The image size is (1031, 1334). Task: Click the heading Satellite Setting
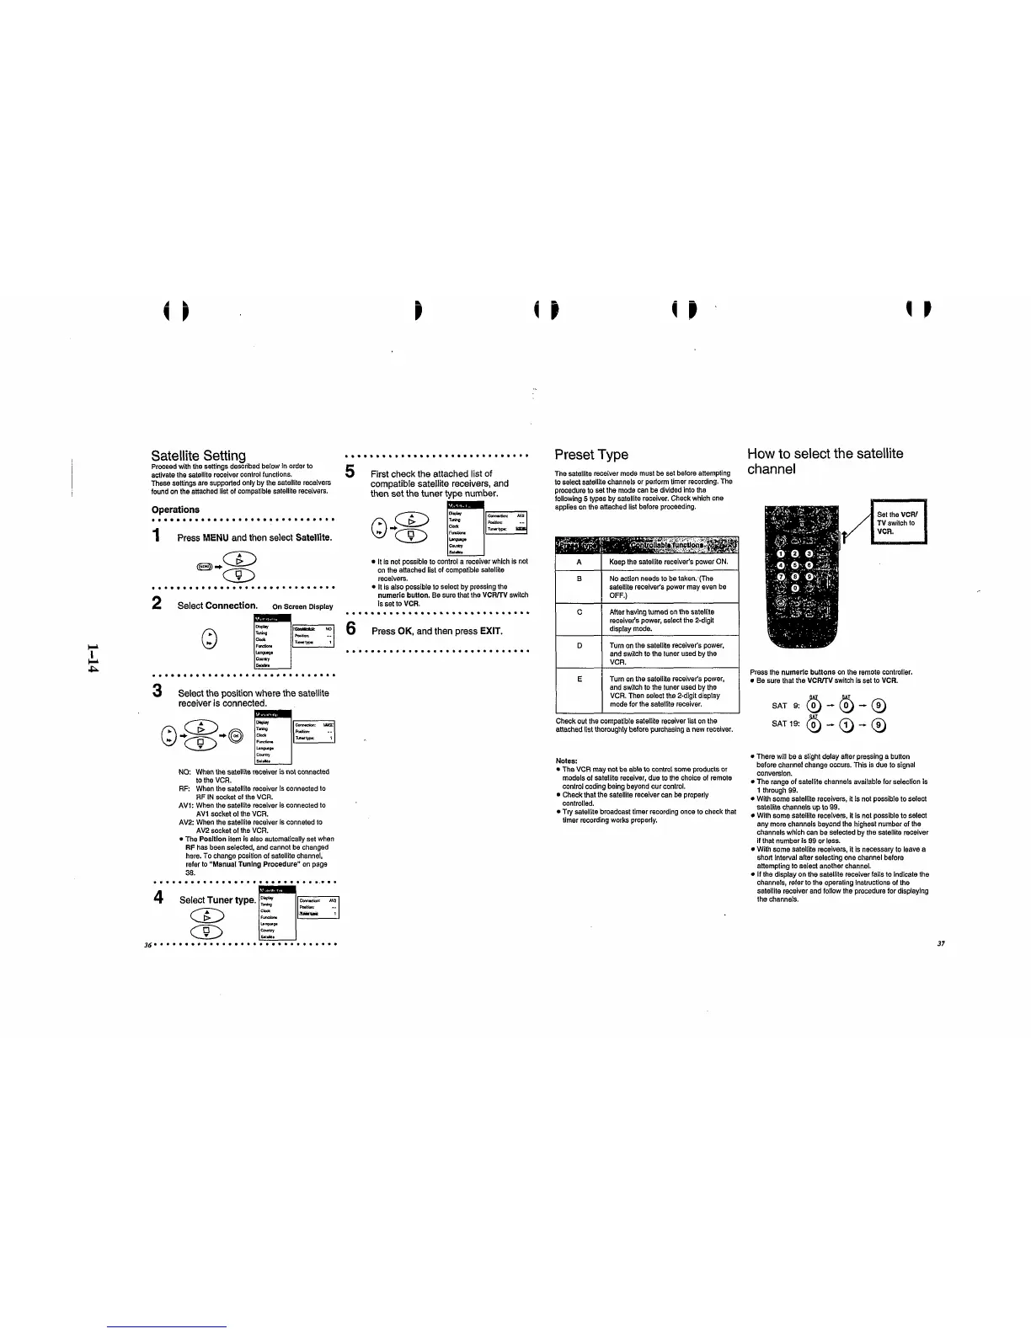[199, 456]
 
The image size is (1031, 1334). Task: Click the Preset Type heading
[591, 454]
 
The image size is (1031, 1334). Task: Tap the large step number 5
[352, 473]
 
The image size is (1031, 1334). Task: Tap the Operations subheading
[175, 510]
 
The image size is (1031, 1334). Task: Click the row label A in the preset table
[580, 562]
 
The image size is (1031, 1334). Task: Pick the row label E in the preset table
[580, 679]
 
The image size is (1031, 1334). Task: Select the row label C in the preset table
[580, 612]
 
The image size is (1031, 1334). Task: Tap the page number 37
[941, 944]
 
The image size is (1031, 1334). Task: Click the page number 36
[148, 944]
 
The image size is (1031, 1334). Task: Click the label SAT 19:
[785, 723]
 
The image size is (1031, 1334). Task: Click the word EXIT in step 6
[490, 632]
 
